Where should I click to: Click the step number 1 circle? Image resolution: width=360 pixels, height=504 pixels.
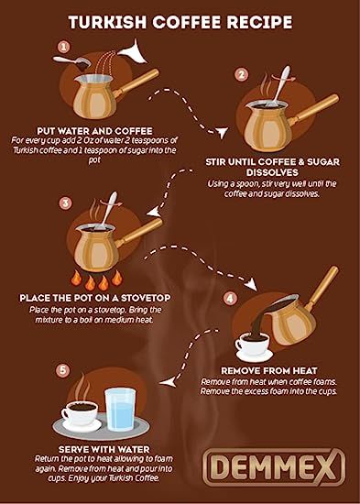[x=63, y=47]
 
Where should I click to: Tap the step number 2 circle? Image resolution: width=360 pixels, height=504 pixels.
[x=241, y=75]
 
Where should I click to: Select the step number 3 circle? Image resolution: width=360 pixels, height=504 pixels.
[x=65, y=203]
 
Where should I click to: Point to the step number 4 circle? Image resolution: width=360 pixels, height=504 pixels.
[x=230, y=299]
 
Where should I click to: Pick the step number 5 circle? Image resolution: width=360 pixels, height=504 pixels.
[x=62, y=370]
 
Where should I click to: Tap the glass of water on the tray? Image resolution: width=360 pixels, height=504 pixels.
[x=120, y=410]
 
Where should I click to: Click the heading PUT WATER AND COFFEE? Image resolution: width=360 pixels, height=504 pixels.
[x=95, y=131]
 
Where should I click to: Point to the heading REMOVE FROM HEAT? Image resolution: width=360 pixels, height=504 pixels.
[x=269, y=370]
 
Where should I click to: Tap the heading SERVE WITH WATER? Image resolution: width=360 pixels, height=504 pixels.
[x=104, y=449]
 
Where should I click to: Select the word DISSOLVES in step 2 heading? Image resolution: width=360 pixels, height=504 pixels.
[x=272, y=172]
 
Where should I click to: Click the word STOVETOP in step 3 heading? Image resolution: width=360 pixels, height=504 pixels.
[x=146, y=298]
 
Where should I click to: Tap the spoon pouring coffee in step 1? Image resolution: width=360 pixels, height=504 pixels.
[x=72, y=61]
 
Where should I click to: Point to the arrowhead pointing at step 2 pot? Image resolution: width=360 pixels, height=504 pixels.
[x=222, y=132]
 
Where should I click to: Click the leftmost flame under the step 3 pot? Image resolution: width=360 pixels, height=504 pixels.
[x=76, y=278]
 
